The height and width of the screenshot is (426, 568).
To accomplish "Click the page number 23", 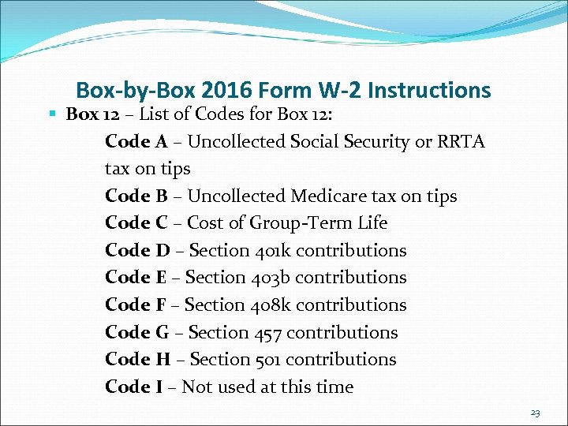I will click(536, 413).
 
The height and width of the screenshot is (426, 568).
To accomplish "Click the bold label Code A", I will click(136, 142).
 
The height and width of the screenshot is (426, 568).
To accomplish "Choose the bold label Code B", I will click(135, 196).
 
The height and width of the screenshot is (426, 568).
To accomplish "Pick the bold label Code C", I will click(135, 223).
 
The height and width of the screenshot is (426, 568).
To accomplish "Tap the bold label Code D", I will click(136, 251).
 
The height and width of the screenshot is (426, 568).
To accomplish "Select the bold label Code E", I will click(135, 278).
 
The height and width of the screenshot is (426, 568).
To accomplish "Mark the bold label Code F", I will click(135, 305).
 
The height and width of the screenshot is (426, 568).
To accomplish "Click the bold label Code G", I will click(136, 332).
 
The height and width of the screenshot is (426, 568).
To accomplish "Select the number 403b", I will click(275, 278).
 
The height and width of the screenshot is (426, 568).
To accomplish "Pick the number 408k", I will click(275, 305).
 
